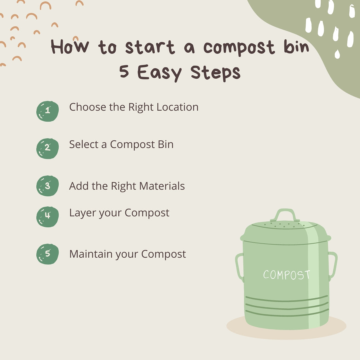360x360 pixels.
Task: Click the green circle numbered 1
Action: [47, 111]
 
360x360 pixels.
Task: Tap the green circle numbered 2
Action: [47, 148]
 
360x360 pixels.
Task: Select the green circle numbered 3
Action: [47, 186]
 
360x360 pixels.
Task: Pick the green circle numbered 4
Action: [47, 217]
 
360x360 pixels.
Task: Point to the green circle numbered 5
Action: [47, 254]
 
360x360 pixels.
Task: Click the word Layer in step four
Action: [82, 213]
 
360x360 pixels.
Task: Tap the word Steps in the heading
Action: [216, 73]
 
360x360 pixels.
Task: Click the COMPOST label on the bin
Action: [286, 275]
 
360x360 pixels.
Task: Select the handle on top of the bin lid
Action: [283, 215]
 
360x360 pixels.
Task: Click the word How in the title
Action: [70, 47]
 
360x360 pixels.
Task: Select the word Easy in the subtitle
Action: [160, 73]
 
